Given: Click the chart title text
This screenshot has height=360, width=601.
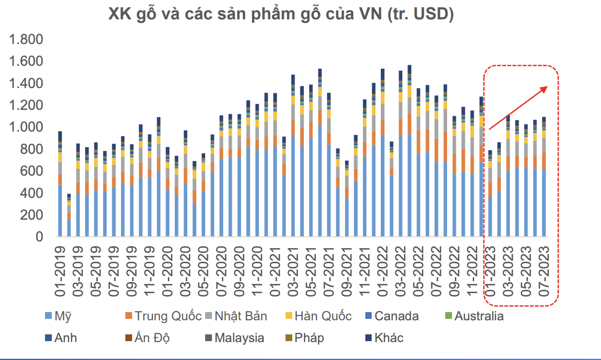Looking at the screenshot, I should (x=281, y=15).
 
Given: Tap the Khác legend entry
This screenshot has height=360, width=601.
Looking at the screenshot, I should (x=388, y=337).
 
